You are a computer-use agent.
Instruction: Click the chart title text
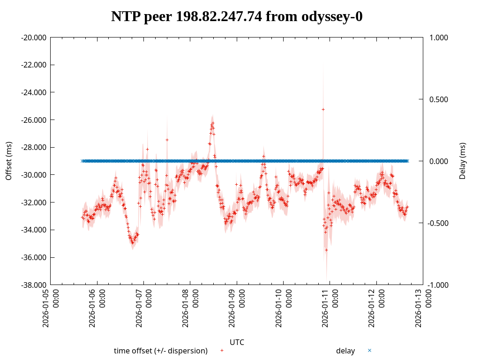coord(237,17)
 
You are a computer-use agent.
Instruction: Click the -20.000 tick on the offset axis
coord(34,37)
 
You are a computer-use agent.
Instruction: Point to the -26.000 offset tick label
coord(34,120)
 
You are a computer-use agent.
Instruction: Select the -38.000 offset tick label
coord(34,285)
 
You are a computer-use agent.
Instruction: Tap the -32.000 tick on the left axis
coord(34,202)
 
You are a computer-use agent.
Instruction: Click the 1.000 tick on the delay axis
coord(439,37)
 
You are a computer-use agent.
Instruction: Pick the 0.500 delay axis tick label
coord(439,99)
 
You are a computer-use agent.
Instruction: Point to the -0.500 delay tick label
coord(438,223)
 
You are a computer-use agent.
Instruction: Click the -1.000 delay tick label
coord(438,285)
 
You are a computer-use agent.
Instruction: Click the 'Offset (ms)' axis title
coord(8,161)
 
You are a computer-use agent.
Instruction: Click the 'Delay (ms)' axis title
coord(463,161)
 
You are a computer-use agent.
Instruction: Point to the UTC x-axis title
coord(237,342)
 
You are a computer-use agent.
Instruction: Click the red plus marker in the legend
coord(222,350)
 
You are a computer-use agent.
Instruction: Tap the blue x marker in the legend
coord(369,350)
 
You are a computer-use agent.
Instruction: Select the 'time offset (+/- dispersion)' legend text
coord(160,351)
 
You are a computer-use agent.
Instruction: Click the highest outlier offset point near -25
coord(323,109)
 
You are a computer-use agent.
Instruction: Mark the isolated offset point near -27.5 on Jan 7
coord(167,140)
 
